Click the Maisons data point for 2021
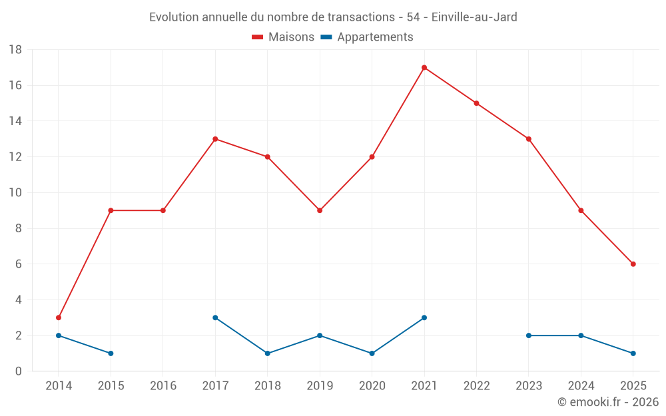coord(424,67)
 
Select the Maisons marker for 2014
coord(59,317)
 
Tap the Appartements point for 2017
coord(215,317)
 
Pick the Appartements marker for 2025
coord(633,353)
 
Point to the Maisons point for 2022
coord(476,103)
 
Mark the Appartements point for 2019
coord(320,335)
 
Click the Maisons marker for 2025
coord(633,264)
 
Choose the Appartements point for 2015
coord(111,353)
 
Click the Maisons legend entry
coord(283,37)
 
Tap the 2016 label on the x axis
coord(163,386)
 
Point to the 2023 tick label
coord(529,386)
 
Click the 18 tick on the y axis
coord(15,50)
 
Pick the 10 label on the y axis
coord(15,193)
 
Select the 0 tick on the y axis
coord(19,371)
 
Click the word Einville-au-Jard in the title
coord(474,17)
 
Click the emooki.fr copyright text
coord(608,402)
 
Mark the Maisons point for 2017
coord(215,139)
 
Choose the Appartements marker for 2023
coord(529,335)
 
